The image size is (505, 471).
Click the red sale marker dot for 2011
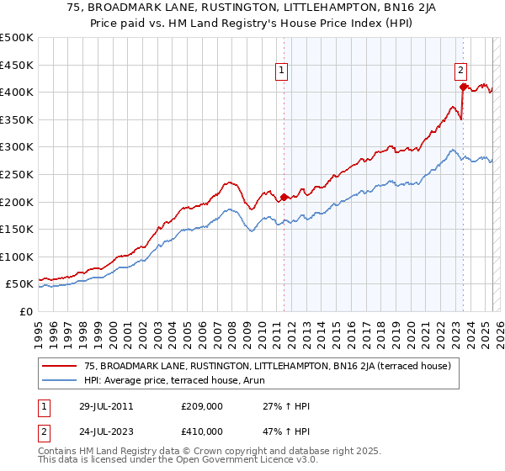284,197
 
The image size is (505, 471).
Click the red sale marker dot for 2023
463,86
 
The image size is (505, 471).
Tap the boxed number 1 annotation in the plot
281,71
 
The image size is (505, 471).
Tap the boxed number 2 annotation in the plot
461,71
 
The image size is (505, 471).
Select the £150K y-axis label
17,229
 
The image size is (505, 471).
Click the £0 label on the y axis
24,311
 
